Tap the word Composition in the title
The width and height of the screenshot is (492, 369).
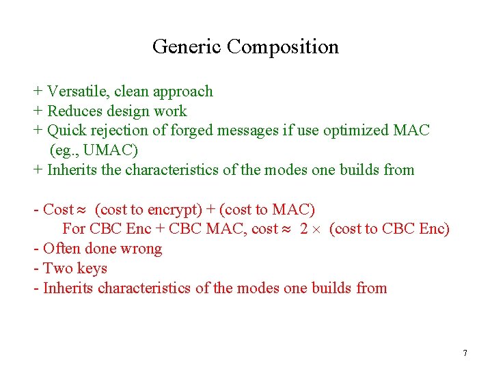283,46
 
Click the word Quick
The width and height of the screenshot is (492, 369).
67,131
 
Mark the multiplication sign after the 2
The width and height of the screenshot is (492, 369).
318,230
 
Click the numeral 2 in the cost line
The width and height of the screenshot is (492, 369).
305,229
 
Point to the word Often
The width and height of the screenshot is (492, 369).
62,248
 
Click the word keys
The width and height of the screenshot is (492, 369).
92,268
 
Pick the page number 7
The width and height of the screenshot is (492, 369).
465,353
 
